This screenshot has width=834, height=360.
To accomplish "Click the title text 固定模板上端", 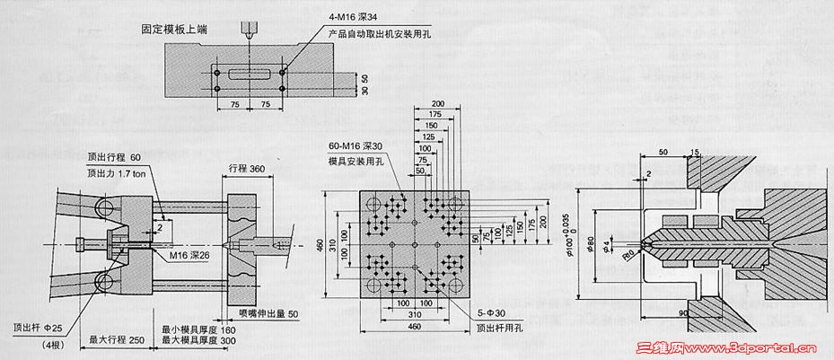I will pos(174,30).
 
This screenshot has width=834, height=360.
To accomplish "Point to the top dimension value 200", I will pos(437,103).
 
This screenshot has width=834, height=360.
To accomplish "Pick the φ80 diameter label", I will pos(595,242).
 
